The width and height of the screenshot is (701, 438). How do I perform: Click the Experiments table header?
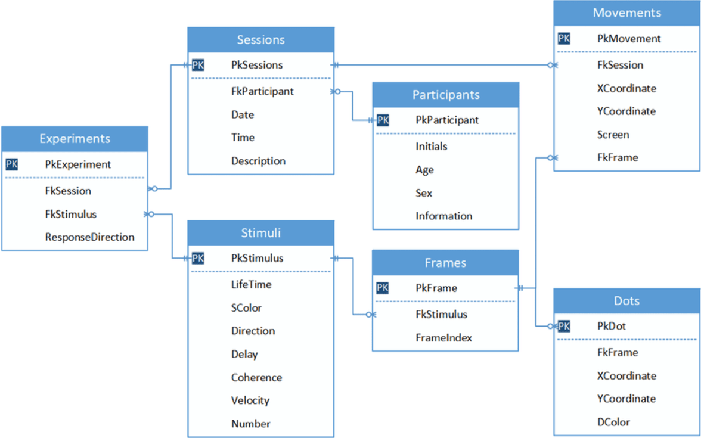[75, 139]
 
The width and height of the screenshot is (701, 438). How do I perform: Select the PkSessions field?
[257, 65]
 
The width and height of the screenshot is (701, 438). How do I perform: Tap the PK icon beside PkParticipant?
[383, 120]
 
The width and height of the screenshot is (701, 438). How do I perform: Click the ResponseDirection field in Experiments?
[89, 237]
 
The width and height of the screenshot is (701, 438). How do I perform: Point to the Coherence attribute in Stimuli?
[256, 378]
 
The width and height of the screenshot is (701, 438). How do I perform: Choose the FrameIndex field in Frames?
[443, 338]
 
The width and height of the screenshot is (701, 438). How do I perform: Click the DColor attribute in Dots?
[613, 422]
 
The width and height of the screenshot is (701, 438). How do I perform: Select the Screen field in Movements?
[613, 135]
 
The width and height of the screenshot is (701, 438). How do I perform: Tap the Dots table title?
[626, 301]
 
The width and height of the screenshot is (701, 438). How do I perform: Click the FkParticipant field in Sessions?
[262, 92]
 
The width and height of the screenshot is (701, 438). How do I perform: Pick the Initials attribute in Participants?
[431, 147]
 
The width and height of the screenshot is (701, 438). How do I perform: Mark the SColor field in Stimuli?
[246, 308]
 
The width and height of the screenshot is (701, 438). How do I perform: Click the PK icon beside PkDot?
[564, 327]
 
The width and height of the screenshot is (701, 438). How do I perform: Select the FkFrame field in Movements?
[618, 158]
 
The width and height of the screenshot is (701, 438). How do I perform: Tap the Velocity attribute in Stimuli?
[250, 401]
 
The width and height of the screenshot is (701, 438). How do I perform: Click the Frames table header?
[445, 263]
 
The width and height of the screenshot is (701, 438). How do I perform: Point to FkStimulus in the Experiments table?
[70, 215]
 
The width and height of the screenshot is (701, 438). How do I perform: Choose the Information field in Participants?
[443, 216]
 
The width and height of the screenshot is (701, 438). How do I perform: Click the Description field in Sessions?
[258, 161]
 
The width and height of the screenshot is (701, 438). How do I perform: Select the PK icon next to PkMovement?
[564, 39]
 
